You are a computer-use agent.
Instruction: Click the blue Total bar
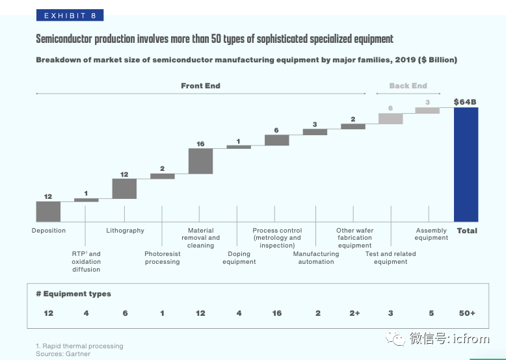coord(466,164)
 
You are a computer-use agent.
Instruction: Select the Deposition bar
coord(48,212)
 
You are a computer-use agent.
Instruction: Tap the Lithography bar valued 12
coord(124,188)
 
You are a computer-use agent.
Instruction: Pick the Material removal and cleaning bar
coord(200,161)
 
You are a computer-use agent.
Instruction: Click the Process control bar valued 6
coord(276,140)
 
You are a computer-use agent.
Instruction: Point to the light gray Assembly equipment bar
coord(427,110)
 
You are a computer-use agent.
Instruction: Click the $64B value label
coord(466,102)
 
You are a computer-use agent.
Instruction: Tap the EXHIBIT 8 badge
coord(69,15)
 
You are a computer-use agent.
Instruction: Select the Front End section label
coord(200,86)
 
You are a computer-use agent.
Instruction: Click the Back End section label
coord(408,86)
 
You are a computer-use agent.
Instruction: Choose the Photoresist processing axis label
coord(162,258)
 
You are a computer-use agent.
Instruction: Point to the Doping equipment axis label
coord(239,258)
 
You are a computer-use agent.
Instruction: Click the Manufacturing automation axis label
coord(316,258)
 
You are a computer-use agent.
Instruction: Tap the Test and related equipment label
coord(390,258)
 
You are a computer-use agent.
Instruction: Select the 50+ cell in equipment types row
coord(467,313)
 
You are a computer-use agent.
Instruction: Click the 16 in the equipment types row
coord(277,313)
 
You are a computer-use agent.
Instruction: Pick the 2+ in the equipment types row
coord(354,313)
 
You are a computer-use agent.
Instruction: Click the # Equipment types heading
coord(73,294)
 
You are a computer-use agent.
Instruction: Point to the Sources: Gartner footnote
coord(63,354)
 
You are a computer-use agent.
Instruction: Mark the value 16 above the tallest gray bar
coord(200,144)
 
